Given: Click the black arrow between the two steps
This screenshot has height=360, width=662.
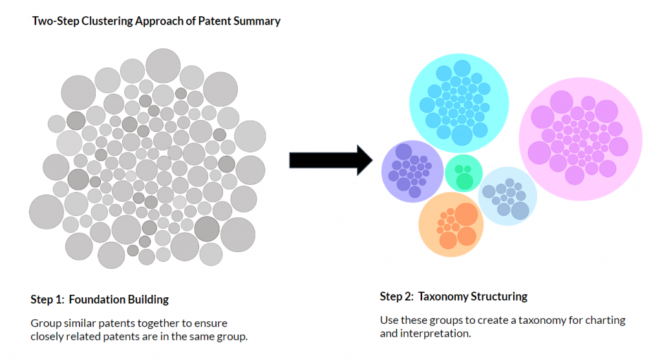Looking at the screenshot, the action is pos(331,160).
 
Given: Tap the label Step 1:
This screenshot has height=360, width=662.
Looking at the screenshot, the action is pos(47,300).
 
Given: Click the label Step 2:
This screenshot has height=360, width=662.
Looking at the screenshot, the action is pos(397,297).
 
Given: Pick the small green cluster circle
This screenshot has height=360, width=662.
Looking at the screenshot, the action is pos(464,173).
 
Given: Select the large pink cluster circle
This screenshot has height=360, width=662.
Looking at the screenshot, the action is pos(581,139).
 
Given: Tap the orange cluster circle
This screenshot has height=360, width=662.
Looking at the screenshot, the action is pos(451,224).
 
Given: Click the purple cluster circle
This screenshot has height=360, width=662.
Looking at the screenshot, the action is pos(412,171).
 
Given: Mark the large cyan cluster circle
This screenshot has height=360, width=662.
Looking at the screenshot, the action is pos(459,103).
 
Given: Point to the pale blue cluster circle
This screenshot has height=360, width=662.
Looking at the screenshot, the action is pos(507,196).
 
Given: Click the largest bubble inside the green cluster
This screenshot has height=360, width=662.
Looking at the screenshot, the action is pos(464,182).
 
